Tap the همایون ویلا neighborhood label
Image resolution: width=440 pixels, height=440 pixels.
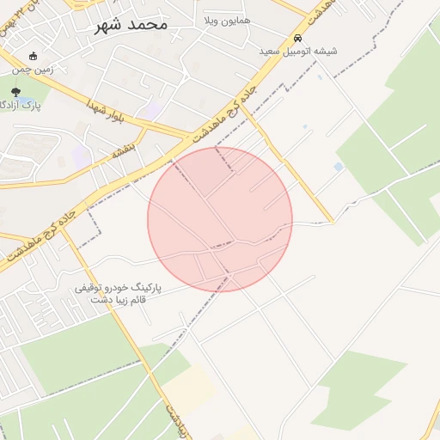[x=227, y=19]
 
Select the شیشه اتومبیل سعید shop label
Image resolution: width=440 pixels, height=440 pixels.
[x=298, y=51]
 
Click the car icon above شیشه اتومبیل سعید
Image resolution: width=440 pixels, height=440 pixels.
[x=297, y=38]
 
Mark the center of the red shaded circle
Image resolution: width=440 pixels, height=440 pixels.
[x=220, y=219]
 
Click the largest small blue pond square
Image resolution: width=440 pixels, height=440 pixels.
[x=338, y=166]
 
